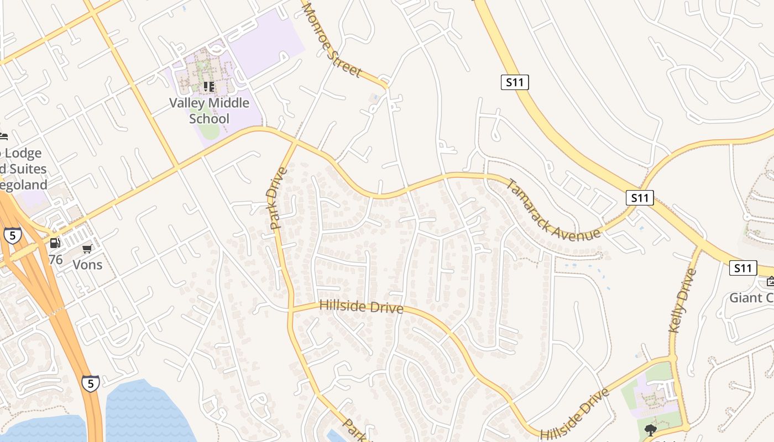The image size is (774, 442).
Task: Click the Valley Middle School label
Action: point(209,110)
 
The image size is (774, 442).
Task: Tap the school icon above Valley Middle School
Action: point(209,86)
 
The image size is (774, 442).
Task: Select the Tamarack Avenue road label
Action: point(552,209)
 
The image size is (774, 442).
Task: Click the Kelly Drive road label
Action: point(682,301)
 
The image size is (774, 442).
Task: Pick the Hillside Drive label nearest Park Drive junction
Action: point(361,306)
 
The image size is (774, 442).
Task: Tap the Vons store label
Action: point(87,265)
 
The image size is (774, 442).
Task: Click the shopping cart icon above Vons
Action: point(87,249)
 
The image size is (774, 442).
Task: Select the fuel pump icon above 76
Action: point(55,243)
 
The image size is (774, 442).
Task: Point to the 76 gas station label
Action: point(55,259)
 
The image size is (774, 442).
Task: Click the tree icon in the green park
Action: point(651,429)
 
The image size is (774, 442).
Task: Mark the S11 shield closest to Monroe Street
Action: point(515,82)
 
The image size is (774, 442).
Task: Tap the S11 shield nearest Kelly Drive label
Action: point(742,268)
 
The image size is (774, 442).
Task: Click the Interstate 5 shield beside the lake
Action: point(91,383)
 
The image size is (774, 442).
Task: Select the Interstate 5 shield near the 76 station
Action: point(12,235)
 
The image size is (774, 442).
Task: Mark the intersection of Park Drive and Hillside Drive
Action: point(290,309)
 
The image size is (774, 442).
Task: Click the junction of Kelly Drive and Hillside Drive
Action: point(673,358)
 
